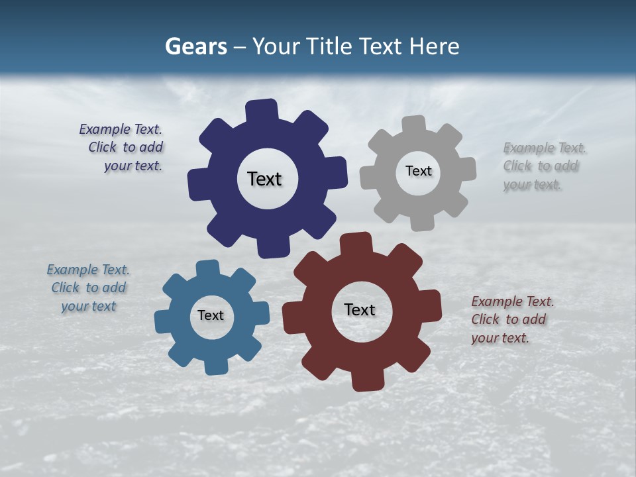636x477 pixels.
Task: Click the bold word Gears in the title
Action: [196, 46]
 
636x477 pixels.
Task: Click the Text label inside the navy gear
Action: [264, 179]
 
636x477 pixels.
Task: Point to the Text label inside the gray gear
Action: [418, 171]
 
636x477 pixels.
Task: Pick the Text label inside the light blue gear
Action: [211, 315]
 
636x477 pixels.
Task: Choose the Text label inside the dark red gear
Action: [360, 309]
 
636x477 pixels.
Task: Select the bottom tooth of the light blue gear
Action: [216, 365]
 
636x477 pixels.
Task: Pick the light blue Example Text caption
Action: [88, 288]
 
